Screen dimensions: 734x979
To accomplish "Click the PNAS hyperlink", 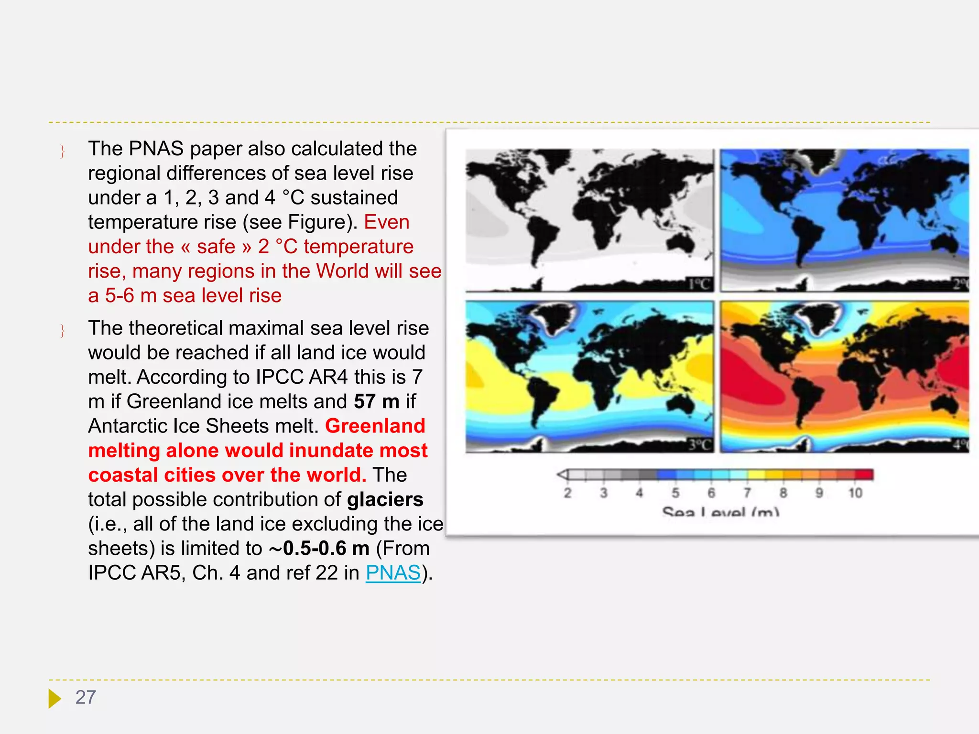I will click(x=393, y=572).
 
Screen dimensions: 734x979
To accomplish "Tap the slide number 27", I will click(x=86, y=697).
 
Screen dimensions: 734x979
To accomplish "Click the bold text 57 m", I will click(x=377, y=401).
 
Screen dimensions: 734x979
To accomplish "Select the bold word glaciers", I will click(x=385, y=499).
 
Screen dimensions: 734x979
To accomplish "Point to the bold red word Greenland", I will click(x=375, y=426).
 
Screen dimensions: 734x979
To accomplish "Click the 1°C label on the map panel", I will click(x=699, y=284).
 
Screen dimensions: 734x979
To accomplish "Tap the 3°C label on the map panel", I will click(x=699, y=445).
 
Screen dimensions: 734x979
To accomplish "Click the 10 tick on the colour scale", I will click(x=855, y=493).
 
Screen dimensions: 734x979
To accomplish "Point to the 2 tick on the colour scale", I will click(x=567, y=493).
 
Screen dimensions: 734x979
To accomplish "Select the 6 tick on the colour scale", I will click(x=711, y=493).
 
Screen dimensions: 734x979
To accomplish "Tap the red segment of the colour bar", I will click(x=864, y=475).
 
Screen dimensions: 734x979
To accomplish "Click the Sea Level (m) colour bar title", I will click(x=720, y=512).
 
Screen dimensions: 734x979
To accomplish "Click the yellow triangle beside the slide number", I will click(x=54, y=698).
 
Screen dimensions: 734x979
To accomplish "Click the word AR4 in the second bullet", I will click(x=328, y=377).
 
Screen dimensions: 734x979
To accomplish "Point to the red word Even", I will click(x=387, y=222).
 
